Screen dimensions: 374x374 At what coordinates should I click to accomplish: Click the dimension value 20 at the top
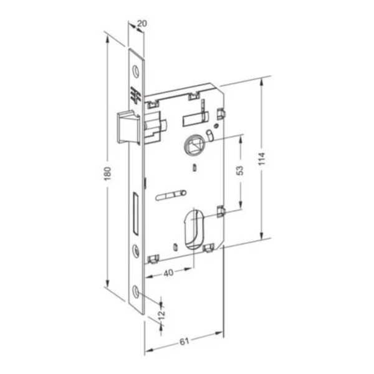click(141, 23)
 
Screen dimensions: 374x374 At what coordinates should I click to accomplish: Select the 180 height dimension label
click(107, 171)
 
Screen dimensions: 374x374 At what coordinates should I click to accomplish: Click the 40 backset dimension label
click(169, 272)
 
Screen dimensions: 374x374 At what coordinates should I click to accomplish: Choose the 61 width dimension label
click(184, 342)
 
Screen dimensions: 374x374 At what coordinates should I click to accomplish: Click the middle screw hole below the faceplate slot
click(137, 251)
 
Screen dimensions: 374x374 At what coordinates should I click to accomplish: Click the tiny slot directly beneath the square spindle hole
click(194, 167)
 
